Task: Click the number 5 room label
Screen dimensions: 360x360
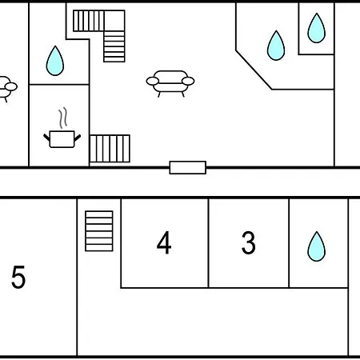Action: coord(18,277)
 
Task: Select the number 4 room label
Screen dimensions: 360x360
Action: coord(164,242)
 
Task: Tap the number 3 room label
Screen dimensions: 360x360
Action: coord(249,242)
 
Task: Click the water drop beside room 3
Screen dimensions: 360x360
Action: coord(317,246)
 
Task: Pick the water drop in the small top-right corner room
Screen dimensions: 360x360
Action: coord(317,28)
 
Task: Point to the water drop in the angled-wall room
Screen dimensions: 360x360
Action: coord(276,46)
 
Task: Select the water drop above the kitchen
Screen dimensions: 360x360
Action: coord(55,61)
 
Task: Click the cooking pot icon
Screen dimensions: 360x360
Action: coord(62,139)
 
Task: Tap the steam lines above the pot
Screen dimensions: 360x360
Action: coord(63,118)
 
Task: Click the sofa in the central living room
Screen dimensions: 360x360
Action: coord(170,83)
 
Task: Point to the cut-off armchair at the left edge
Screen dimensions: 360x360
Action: coord(7,89)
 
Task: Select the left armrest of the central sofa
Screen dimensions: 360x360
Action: coord(153,81)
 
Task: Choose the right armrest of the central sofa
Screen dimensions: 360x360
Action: coord(188,81)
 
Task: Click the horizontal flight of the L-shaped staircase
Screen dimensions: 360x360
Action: coord(89,21)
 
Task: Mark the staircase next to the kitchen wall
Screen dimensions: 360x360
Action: coord(110,149)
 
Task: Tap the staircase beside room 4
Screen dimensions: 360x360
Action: coord(99,231)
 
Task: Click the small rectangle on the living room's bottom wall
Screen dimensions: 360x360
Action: coord(188,167)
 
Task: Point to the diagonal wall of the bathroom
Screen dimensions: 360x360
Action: coord(254,70)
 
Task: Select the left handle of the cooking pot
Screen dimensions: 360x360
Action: coord(46,138)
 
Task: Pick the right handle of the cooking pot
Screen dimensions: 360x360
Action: coord(78,138)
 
